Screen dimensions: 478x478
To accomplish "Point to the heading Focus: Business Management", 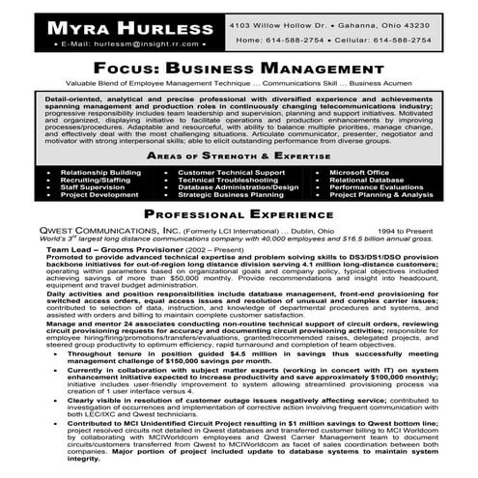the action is (238, 70).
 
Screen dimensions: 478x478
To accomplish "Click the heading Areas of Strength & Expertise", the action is (238, 155).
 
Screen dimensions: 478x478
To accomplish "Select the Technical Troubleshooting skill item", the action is (226, 180).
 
